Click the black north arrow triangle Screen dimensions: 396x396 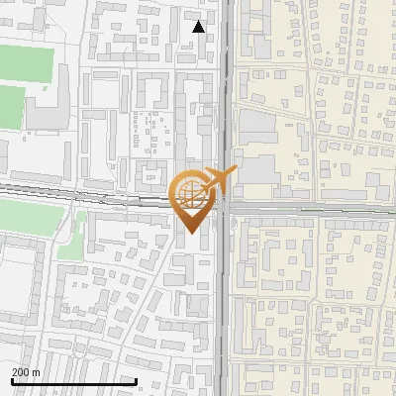click(199, 27)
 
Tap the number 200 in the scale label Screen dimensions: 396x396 click(21, 371)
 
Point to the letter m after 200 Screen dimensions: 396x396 click(37, 371)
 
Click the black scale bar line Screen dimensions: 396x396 click(74, 381)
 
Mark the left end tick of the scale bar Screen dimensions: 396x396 click(12, 380)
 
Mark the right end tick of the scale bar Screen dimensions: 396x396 click(136, 380)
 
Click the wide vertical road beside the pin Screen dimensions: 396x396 click(226, 297)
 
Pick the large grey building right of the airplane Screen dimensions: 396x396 click(259, 168)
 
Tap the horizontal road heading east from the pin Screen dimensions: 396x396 click(317, 210)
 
